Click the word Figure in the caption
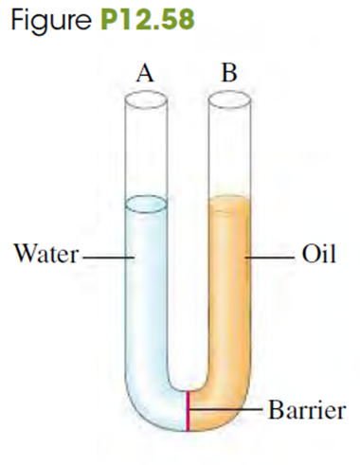pyautogui.click(x=51, y=20)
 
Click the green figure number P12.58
pyautogui.click(x=148, y=19)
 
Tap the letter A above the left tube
pyautogui.click(x=145, y=74)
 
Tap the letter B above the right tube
pyautogui.click(x=229, y=73)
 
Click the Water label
pyautogui.click(x=46, y=254)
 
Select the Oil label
pyautogui.click(x=318, y=254)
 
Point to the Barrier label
pyautogui.click(x=307, y=410)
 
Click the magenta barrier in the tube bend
pyautogui.click(x=188, y=411)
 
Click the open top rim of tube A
pyautogui.click(x=146, y=99)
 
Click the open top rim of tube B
pyautogui.click(x=229, y=99)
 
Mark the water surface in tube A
pyautogui.click(x=146, y=204)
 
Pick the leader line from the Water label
pyautogui.click(x=109, y=258)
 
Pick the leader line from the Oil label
pyautogui.click(x=269, y=258)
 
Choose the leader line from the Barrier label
pyautogui.click(x=226, y=409)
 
